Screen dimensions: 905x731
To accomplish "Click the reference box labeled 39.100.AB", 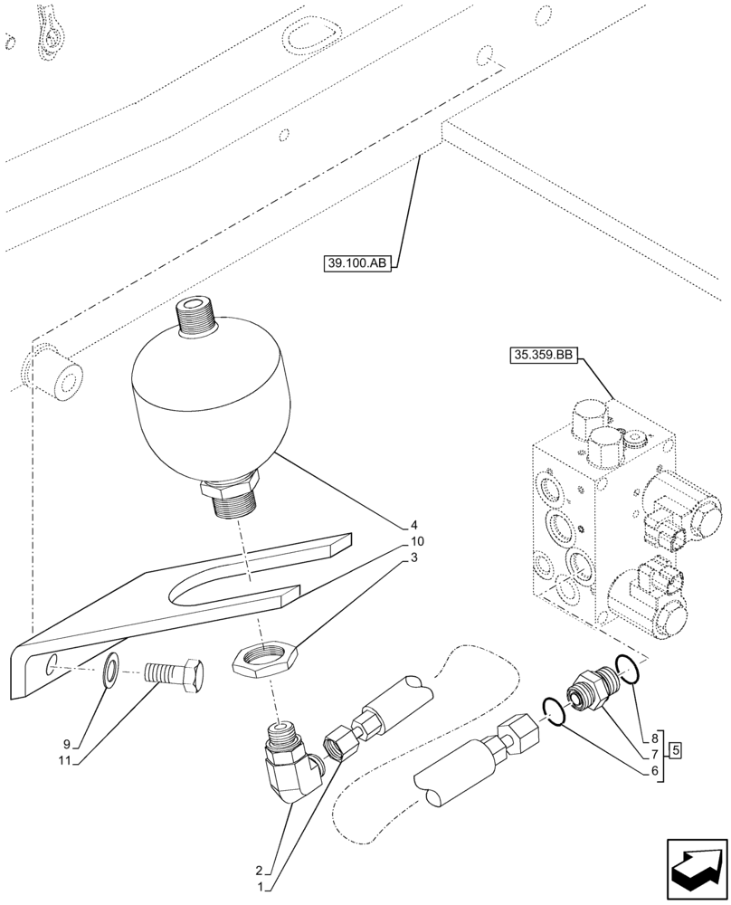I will tap(357, 264).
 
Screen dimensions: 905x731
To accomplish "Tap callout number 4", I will tap(414, 525).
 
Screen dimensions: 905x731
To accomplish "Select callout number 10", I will tap(417, 541).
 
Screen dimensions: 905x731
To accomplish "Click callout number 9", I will tap(69, 746).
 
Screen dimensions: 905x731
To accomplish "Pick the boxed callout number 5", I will tap(676, 749).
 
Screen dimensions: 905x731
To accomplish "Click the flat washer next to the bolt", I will tap(110, 671).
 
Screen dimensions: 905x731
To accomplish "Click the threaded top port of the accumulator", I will tap(197, 319).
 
